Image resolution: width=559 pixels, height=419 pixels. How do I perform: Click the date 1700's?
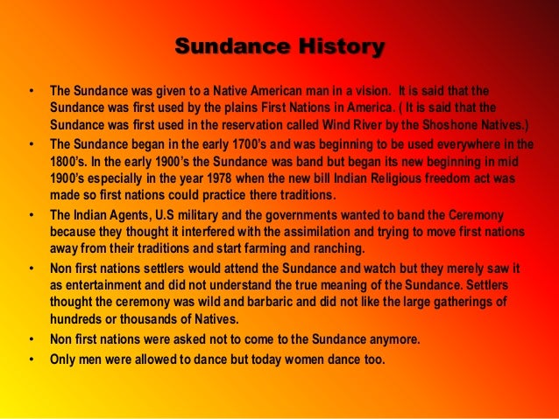tap(270, 145)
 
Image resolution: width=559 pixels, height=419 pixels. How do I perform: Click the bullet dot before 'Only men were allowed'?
tap(32, 360)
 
